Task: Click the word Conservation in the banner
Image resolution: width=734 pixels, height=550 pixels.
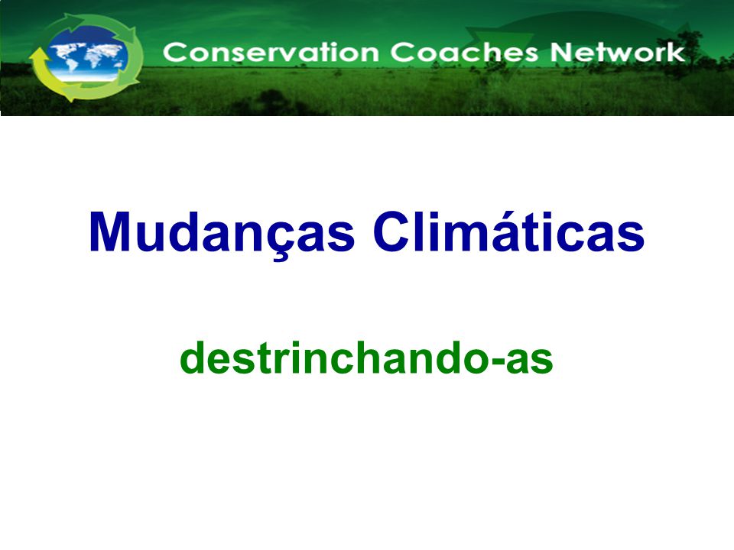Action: [271, 52]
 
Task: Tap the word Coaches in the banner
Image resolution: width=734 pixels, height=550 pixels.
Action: [464, 52]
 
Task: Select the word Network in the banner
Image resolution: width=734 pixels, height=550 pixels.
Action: [618, 52]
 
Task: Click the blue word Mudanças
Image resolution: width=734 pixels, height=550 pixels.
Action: [222, 232]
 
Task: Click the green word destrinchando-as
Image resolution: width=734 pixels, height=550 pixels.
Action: [366, 358]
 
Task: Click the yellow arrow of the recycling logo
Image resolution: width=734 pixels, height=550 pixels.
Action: [47, 70]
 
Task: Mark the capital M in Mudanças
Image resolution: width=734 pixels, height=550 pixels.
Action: [109, 232]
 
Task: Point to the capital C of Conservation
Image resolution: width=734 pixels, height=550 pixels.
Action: [174, 53]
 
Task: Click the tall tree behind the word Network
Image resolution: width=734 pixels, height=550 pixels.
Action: [688, 51]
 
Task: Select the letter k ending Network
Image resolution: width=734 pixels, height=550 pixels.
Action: [677, 52]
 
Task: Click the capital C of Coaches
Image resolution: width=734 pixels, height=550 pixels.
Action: [401, 53]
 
